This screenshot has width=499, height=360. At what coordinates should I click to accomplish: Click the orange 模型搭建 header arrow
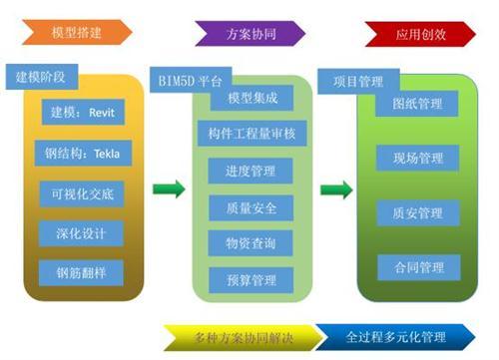pos(75,32)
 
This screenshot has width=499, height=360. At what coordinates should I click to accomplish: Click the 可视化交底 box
pos(82,192)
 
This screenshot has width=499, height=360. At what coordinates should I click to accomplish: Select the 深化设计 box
pos(82,232)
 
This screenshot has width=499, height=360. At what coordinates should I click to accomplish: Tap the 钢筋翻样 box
pos(82,271)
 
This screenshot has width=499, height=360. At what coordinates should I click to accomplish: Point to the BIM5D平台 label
pos(190,79)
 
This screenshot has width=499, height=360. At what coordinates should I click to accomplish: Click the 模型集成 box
pos(251,98)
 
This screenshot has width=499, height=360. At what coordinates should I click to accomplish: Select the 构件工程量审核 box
pos(251,135)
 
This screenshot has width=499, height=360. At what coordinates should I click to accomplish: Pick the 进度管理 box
pos(251,172)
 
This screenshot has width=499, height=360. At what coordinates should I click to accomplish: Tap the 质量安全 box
pos(251,207)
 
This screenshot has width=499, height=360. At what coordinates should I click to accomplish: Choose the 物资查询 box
pos(251,243)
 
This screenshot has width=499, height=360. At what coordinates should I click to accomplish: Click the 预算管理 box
pos(251,280)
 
